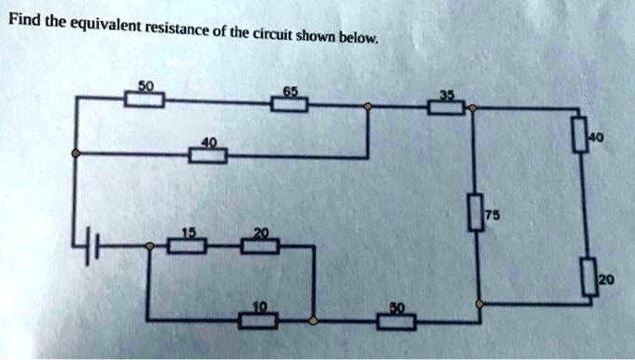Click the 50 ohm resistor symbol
[145, 100]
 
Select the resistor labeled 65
[290, 104]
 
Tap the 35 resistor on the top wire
[445, 108]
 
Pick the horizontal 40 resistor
[208, 154]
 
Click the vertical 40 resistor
[580, 135]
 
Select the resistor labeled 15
[188, 245]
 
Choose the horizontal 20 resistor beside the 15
[260, 245]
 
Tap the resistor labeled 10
[257, 321]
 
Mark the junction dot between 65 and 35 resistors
[367, 106]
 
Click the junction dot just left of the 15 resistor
[151, 246]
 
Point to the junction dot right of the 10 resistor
[313, 321]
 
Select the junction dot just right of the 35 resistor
[472, 109]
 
